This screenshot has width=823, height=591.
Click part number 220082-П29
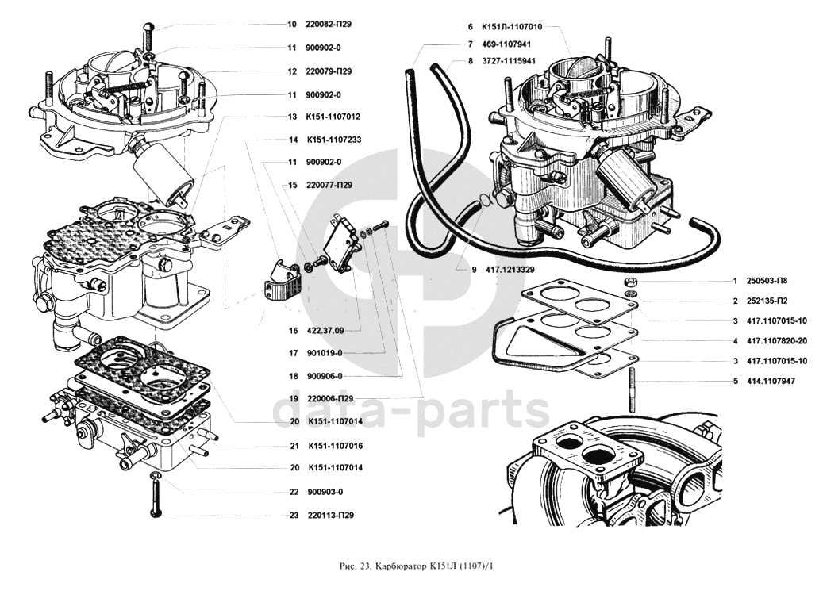[x=329, y=25]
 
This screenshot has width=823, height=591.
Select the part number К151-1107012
[x=333, y=117]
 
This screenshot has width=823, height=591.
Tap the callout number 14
[x=293, y=140]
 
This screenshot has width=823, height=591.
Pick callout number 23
[x=293, y=516]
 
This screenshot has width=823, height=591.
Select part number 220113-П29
[x=329, y=516]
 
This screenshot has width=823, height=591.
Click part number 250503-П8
[x=766, y=281]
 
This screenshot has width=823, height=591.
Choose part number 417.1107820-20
[x=776, y=341]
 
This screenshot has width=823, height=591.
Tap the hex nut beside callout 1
[x=629, y=282]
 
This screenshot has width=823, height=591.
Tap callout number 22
[x=293, y=492]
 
